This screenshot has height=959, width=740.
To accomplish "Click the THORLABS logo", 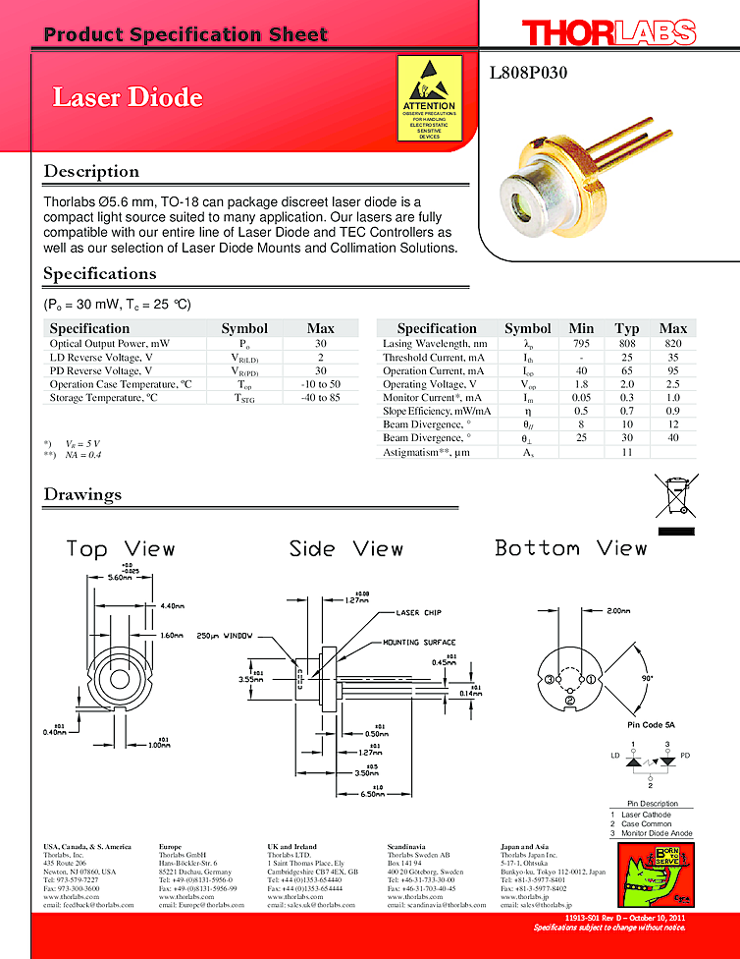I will (x=608, y=34).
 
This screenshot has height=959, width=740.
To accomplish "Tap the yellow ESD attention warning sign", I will (x=430, y=98).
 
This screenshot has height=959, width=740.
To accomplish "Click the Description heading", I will (x=91, y=172).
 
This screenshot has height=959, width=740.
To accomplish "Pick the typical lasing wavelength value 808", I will (x=626, y=344).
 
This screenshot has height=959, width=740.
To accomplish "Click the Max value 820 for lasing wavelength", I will (x=672, y=344).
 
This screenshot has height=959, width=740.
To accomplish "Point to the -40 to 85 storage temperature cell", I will (x=320, y=398).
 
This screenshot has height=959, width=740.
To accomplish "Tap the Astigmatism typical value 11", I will (x=626, y=452).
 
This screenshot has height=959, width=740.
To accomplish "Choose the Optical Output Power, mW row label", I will (x=109, y=344).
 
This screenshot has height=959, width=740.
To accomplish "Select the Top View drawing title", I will (x=120, y=548).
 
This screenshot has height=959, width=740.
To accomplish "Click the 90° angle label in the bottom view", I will (x=646, y=678).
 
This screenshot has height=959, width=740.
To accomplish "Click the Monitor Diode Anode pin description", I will (x=659, y=833).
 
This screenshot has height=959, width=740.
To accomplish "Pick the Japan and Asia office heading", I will (x=524, y=846).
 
